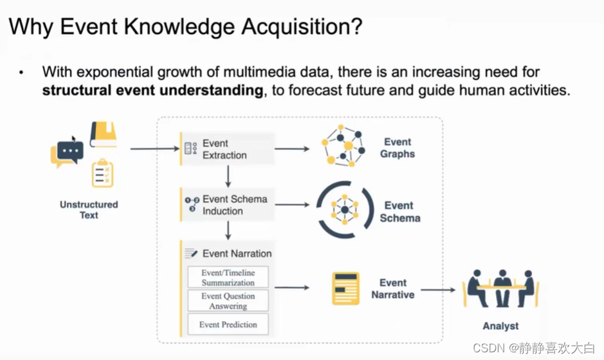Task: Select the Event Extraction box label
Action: pos(224,149)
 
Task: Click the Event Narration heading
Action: pos(237,253)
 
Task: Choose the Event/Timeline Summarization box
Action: pos(228,278)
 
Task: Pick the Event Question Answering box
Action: pos(228,301)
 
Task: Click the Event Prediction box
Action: pos(228,325)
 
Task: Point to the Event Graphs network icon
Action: pos(342,147)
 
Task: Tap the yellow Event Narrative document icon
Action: pos(345,289)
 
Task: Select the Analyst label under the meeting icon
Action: pos(500,326)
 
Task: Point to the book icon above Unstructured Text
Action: pos(104,134)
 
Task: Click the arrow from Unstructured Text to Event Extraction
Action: pos(154,148)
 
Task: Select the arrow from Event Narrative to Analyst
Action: pos(437,290)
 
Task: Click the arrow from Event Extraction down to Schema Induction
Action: pos(228,175)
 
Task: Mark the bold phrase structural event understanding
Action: pos(153,91)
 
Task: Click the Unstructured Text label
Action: pos(89,210)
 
